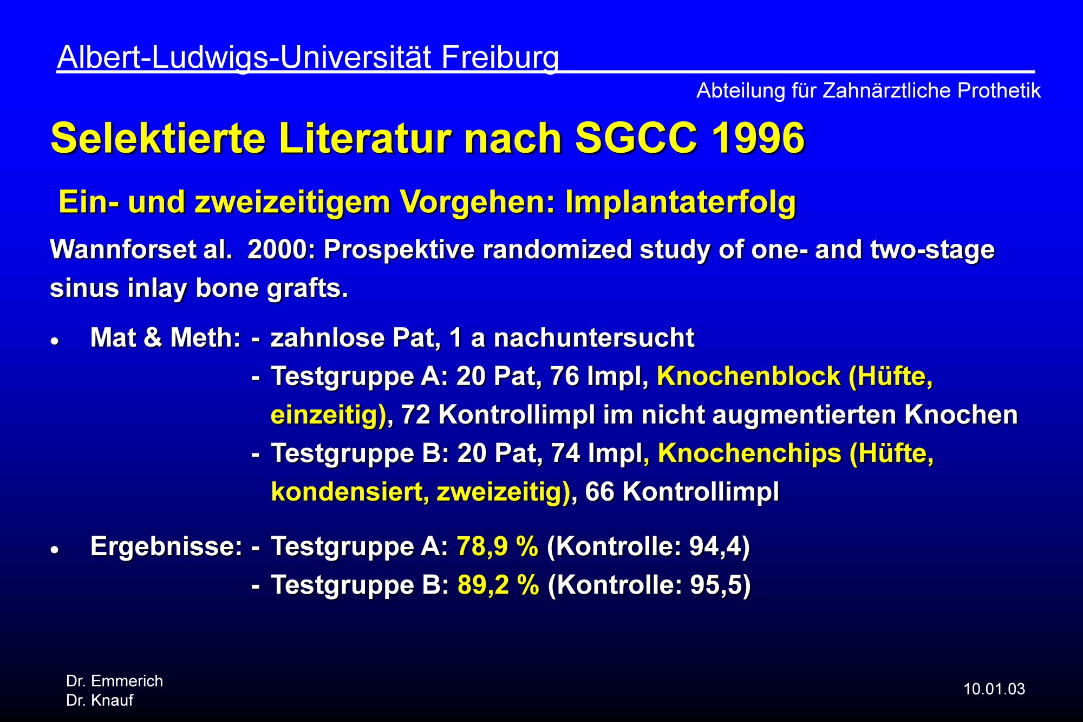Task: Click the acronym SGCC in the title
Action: [x=636, y=138]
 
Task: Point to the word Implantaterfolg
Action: [x=681, y=203]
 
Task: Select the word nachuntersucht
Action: [x=594, y=338]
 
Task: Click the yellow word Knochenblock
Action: [x=748, y=376]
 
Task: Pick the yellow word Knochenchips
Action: [x=749, y=453]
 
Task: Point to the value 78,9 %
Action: [x=498, y=546]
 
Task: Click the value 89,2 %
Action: [x=498, y=585]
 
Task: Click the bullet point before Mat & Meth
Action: [x=54, y=342]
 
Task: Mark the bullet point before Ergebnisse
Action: [x=54, y=550]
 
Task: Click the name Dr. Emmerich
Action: [x=114, y=681]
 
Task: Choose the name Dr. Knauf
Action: [x=100, y=700]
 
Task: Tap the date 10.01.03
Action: [x=994, y=689]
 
